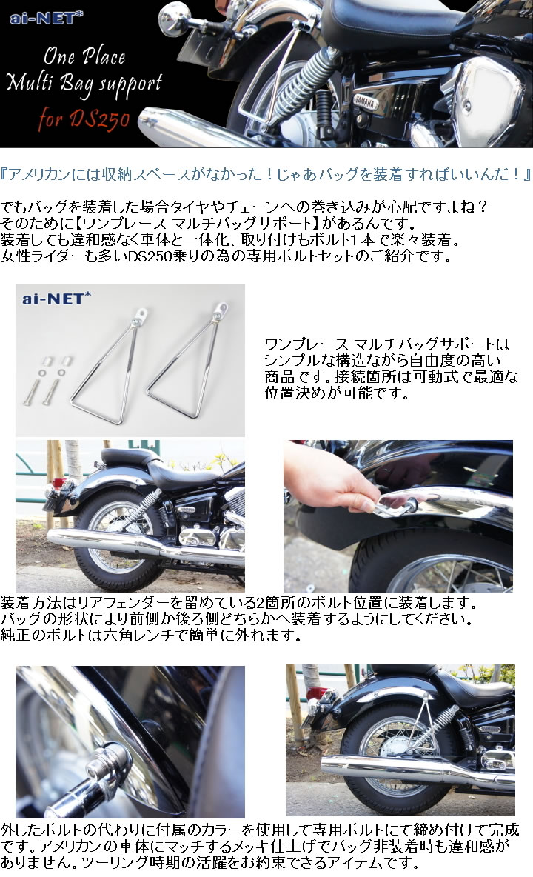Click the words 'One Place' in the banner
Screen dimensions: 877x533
click(84, 56)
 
